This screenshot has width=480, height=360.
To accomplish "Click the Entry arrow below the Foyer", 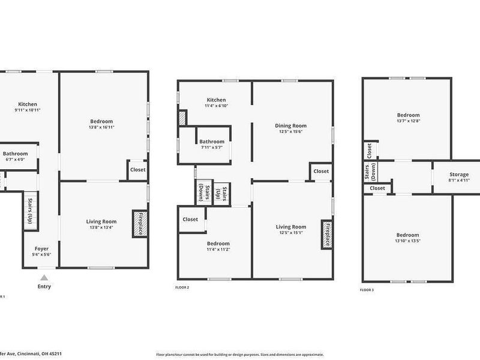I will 44,278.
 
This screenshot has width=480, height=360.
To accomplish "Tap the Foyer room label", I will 41,248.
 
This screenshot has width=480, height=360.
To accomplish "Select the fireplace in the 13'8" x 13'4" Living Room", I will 137,223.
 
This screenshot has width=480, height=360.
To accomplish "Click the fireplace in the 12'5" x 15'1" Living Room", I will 327,234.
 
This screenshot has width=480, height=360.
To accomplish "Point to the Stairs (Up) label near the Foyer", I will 29,209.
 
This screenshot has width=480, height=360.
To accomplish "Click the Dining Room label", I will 291,125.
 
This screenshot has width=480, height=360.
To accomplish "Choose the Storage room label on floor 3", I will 459,175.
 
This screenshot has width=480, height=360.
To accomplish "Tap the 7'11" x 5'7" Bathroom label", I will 212,142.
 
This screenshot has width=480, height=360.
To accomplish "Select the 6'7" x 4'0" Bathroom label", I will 16,154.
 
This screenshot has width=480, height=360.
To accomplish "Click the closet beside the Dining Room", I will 321,172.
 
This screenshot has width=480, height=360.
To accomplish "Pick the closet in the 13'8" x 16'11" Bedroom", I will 137,170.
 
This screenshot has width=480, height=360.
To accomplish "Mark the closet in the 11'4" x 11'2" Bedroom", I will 190,220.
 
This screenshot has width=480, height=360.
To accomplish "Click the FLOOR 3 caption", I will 367,290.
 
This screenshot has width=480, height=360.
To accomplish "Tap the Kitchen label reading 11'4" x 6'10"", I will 216,106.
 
